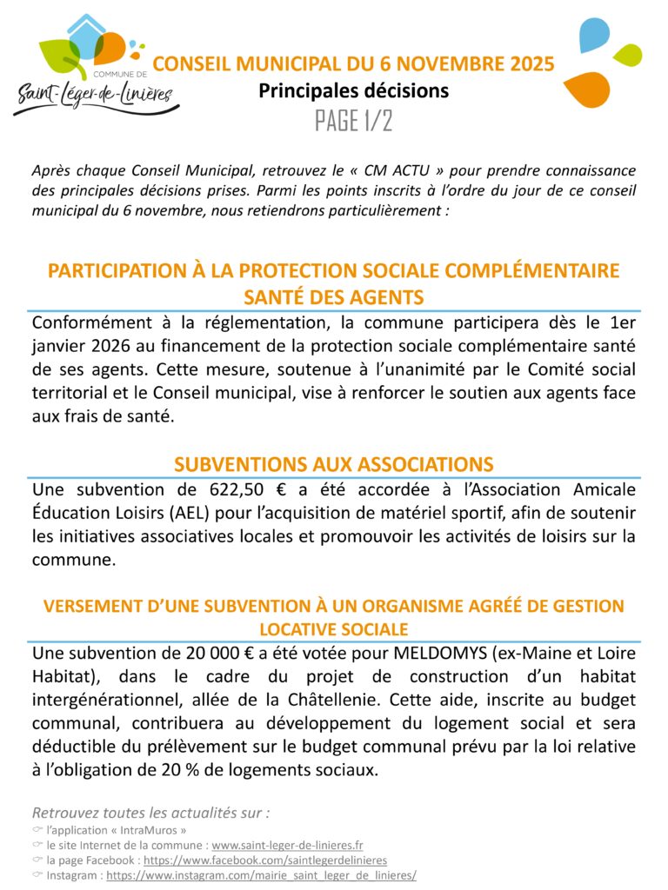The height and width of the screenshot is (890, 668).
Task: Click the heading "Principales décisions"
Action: [x=353, y=90]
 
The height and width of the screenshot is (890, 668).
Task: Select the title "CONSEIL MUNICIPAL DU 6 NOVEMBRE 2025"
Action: [x=353, y=64]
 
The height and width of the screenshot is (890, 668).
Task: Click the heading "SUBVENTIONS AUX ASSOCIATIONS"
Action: [x=334, y=463]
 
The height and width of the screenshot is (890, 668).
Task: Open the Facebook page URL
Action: [x=265, y=860]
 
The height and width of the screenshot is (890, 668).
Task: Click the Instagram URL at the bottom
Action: [x=261, y=875]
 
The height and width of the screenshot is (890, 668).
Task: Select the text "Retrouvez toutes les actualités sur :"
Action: [x=150, y=813]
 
